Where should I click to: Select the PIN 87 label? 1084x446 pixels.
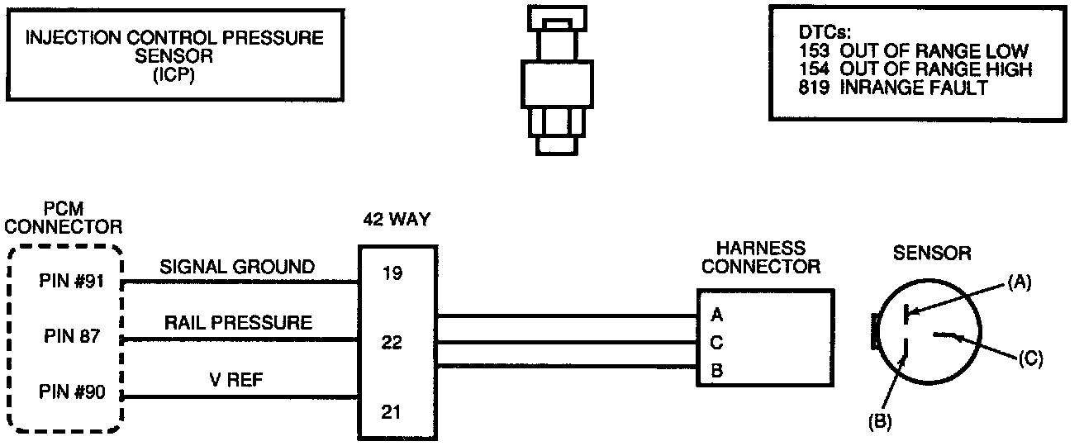pyautogui.click(x=70, y=337)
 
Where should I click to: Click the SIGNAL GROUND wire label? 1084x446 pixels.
pyautogui.click(x=237, y=267)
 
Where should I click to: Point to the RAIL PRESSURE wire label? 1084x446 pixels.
pyautogui.click(x=238, y=323)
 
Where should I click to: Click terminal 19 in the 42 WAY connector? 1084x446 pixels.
pyautogui.click(x=392, y=273)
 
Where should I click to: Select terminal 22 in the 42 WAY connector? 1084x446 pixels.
pyautogui.click(x=392, y=342)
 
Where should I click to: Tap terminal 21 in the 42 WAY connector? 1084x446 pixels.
pyautogui.click(x=392, y=410)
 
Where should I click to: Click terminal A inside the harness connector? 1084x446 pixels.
pyautogui.click(x=716, y=315)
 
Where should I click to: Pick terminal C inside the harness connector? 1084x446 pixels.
pyautogui.click(x=716, y=342)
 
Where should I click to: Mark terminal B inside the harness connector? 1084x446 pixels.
pyautogui.click(x=716, y=371)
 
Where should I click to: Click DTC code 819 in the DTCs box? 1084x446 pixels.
pyautogui.click(x=815, y=88)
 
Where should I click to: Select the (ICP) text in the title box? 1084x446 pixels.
pyautogui.click(x=174, y=76)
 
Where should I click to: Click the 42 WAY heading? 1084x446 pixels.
pyautogui.click(x=397, y=221)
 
